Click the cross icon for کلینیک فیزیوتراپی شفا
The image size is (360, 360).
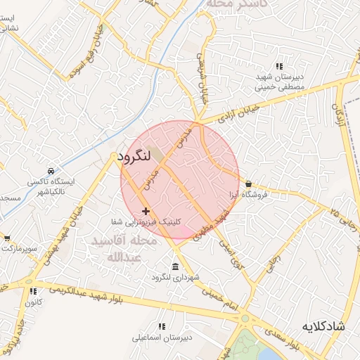[x=146, y=211]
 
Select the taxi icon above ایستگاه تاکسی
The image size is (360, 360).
[x=51, y=171]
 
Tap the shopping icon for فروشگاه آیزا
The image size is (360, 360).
[x=248, y=184]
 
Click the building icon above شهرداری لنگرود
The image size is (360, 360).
[x=175, y=266]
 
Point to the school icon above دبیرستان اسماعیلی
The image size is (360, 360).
[x=162, y=327]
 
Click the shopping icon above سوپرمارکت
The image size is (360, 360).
[x=6, y=239]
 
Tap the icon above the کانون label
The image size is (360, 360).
[x=33, y=292]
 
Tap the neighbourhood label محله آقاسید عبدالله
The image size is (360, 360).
[x=116, y=249]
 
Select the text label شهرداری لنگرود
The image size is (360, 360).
[x=175, y=278]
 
